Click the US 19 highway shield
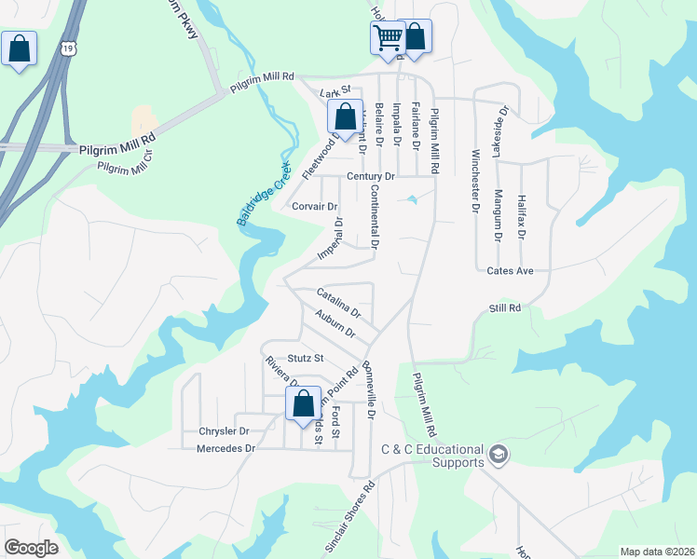[x=69, y=48]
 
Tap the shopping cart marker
[x=388, y=39]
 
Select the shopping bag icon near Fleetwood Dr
[x=345, y=117]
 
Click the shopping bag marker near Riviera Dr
[x=303, y=404]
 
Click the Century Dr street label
[x=371, y=176]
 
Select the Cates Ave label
[x=510, y=271]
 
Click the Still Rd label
[x=503, y=307]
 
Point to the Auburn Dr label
[x=335, y=325]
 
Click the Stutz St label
[x=305, y=358]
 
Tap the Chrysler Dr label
[x=224, y=431]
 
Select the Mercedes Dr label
[x=226, y=448]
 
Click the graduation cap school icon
[x=498, y=454]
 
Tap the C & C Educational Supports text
[x=433, y=456]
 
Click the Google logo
[x=31, y=548]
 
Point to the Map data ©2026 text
[x=656, y=551]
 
